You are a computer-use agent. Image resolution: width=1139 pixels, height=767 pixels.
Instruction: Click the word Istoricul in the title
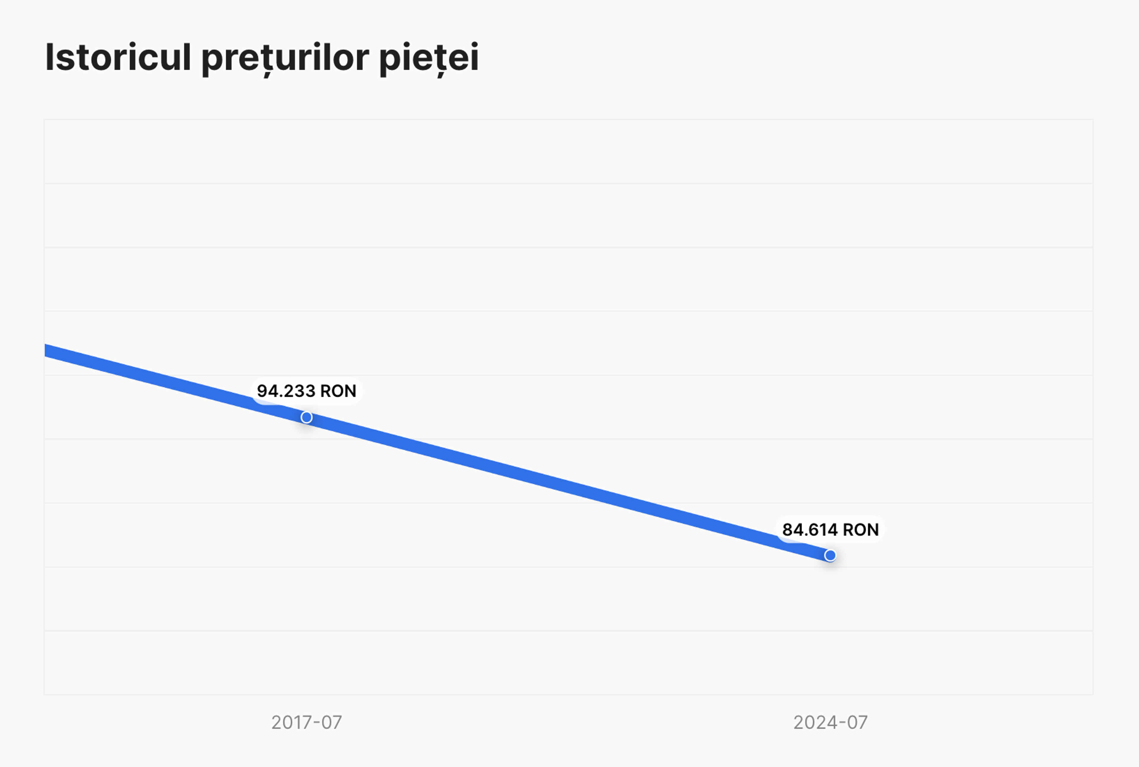pos(117,57)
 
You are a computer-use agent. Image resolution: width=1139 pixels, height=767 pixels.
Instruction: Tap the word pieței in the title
pos(429,57)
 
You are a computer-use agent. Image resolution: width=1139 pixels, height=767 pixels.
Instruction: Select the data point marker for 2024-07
pos(830,555)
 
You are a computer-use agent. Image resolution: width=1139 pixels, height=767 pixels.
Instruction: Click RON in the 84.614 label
pos(861,529)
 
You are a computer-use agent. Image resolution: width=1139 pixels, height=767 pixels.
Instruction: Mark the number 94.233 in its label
pos(286,391)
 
